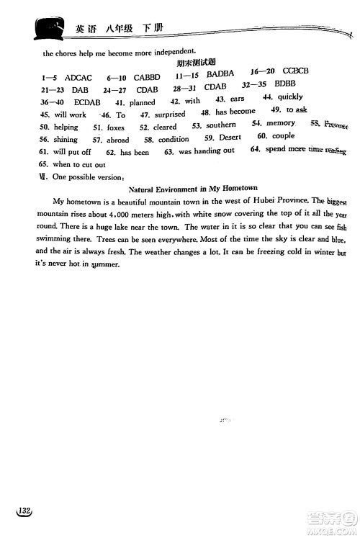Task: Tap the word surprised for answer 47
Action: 169,114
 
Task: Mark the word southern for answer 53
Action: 220,125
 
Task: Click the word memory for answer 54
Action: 281,123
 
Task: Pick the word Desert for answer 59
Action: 230,137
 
